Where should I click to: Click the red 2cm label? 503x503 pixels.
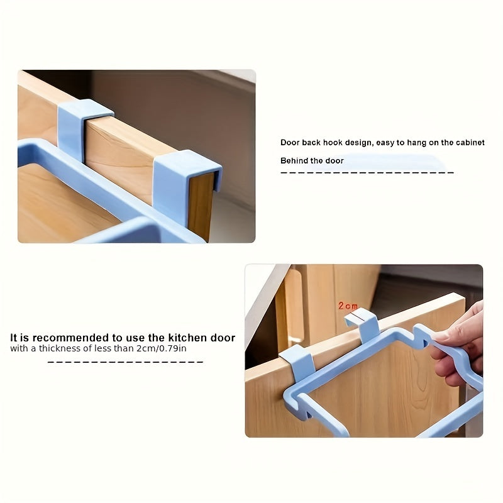pos(348,306)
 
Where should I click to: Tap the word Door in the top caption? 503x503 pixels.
pos(290,143)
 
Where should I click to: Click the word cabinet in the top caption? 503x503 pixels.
pos(470,143)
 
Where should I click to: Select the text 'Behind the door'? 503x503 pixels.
pos(312,161)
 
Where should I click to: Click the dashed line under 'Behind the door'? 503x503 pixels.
pos(367,172)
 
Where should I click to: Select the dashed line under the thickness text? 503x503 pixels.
pos(126,362)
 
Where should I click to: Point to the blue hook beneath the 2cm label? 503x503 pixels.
pos(363,324)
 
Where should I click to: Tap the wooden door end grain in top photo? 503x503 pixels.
pos(201,204)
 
